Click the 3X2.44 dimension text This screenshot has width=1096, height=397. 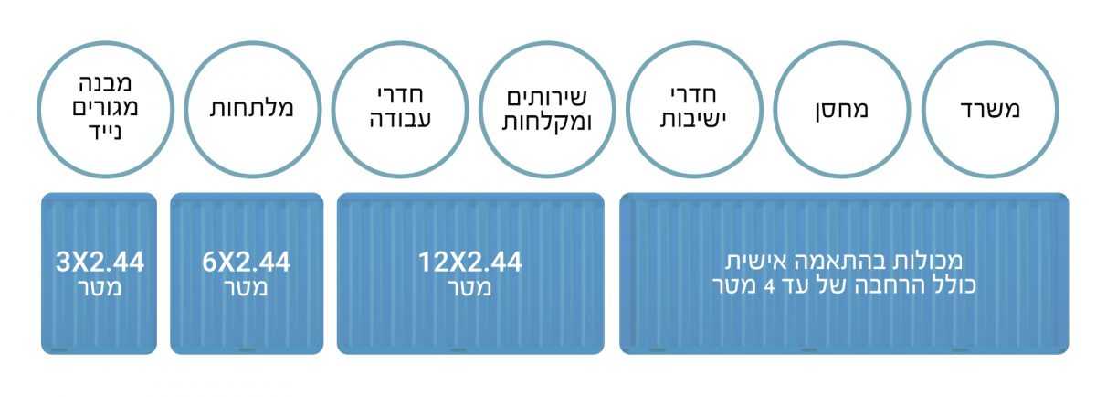[100, 263]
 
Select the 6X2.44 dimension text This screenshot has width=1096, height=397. [247, 263]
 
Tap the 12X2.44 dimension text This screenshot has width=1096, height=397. [470, 263]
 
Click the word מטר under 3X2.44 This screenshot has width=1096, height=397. [100, 288]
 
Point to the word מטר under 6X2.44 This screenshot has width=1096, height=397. [246, 288]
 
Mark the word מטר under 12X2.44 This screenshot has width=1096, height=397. [469, 288]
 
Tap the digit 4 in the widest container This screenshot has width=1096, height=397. [770, 286]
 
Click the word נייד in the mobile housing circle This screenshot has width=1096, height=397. [106, 133]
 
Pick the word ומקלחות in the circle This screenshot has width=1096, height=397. [547, 123]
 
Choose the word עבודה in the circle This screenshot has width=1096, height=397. [400, 119]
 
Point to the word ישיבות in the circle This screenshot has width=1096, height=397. [694, 119]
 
